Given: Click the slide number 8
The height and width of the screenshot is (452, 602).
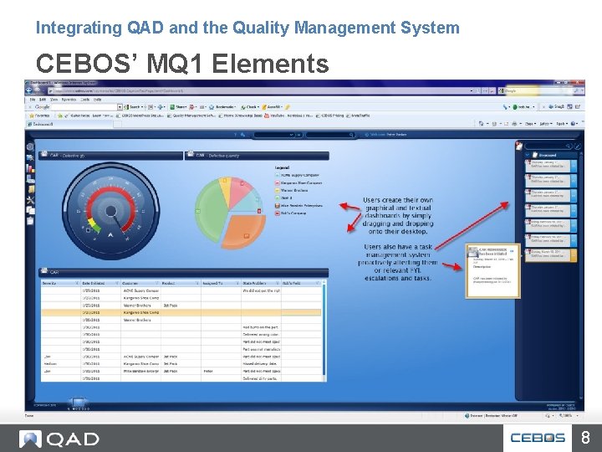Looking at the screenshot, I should [x=586, y=436].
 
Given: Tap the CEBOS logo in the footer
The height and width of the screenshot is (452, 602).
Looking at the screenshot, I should [x=538, y=437].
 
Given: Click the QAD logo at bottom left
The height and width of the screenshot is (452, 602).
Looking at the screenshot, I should [x=59, y=438].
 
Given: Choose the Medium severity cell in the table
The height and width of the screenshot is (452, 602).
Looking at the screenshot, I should [x=52, y=362].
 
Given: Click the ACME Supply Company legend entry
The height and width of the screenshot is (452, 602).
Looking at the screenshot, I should [x=298, y=175].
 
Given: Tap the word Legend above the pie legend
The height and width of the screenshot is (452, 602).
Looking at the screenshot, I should [x=282, y=167].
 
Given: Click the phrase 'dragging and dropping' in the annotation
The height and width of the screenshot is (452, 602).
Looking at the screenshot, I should [x=398, y=223].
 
